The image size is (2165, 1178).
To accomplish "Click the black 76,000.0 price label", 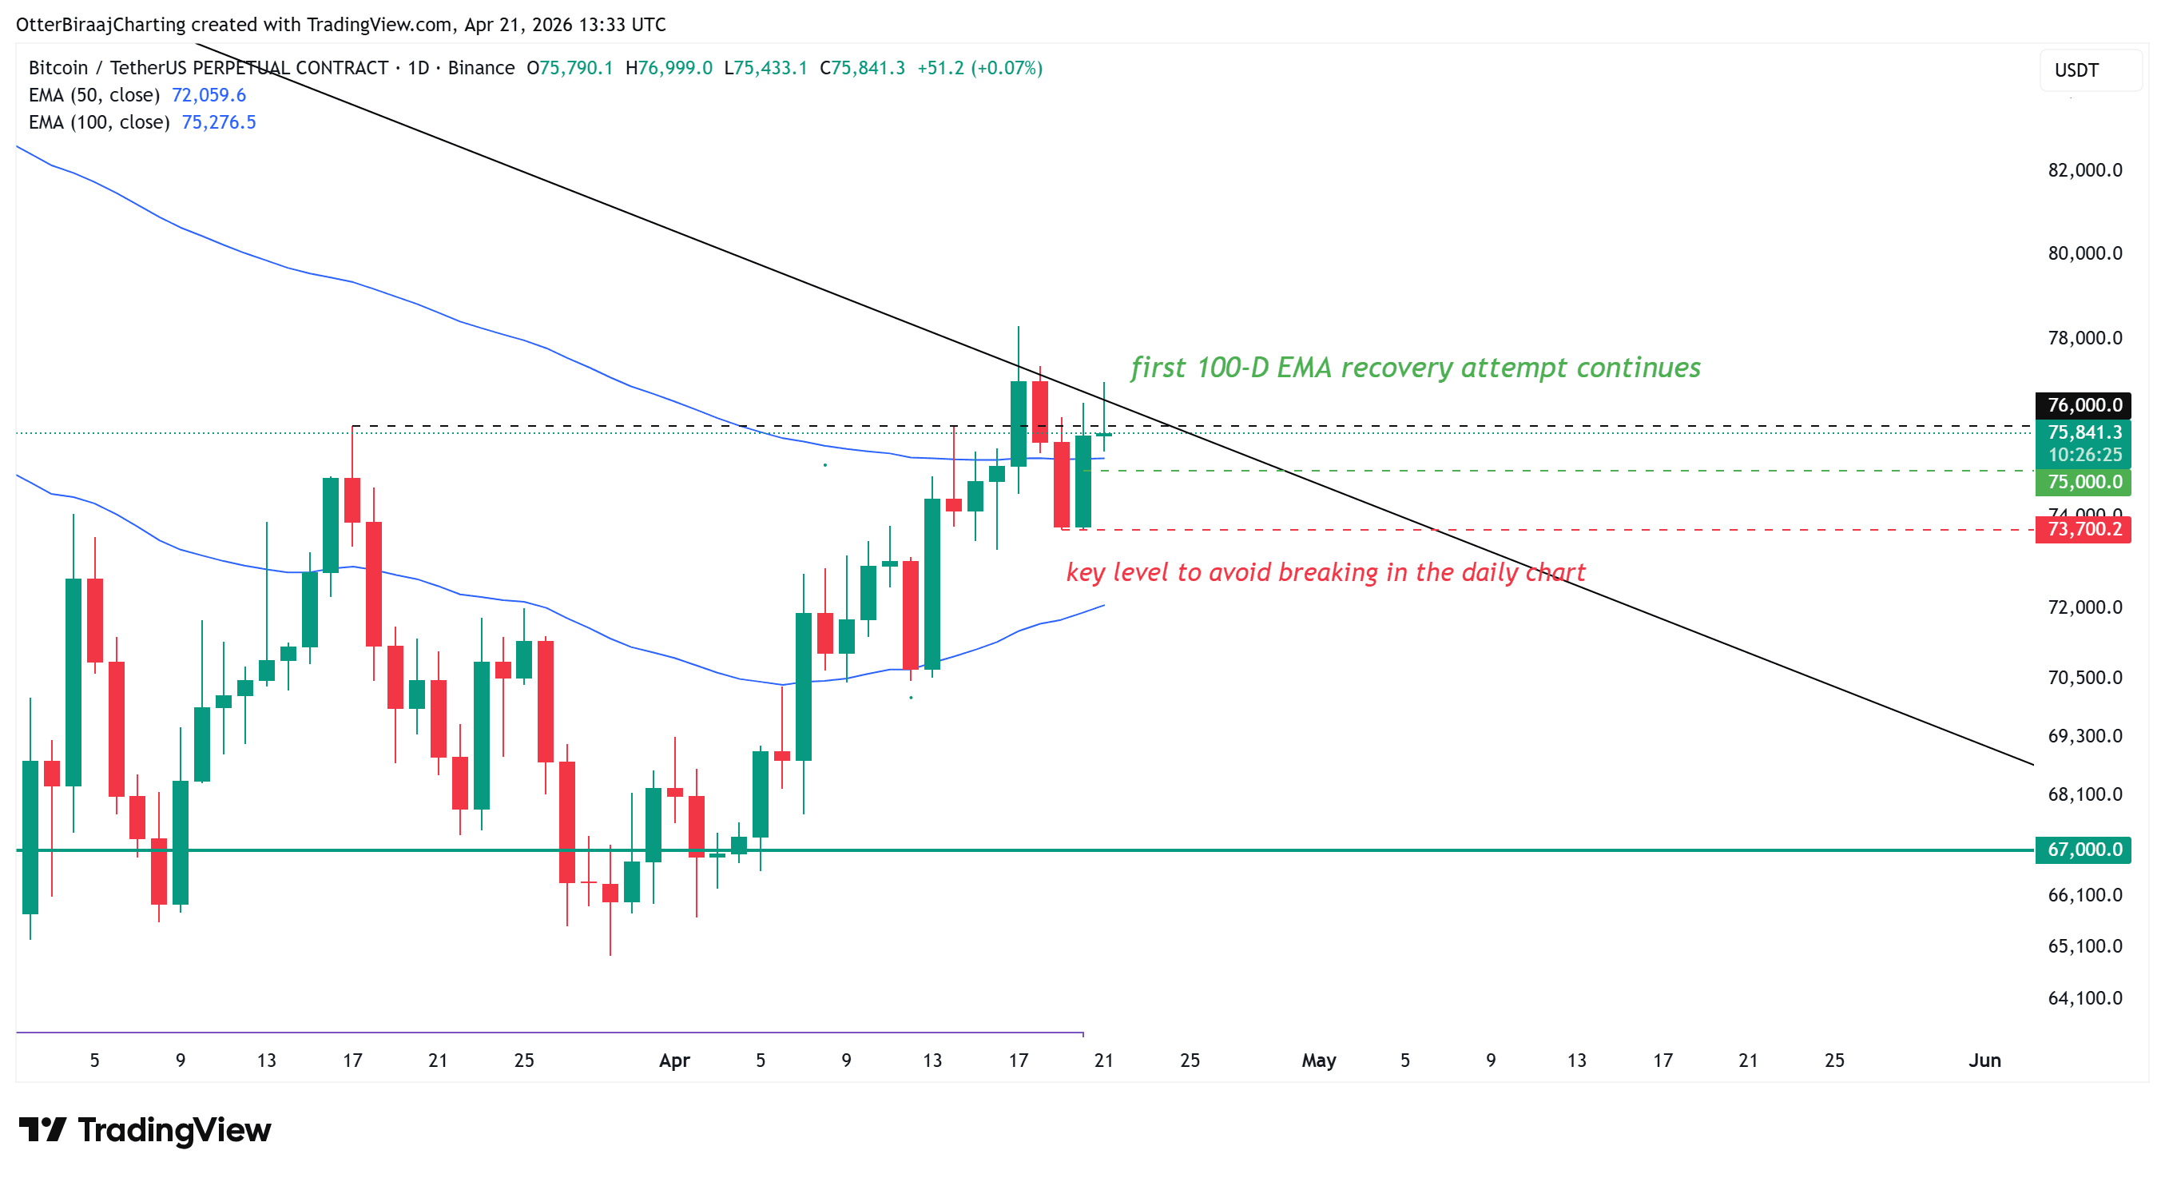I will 2084,404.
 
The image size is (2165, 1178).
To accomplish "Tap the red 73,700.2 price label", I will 2084,529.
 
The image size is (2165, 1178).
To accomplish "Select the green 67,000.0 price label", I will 2084,850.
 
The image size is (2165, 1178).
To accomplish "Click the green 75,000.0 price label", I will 2084,482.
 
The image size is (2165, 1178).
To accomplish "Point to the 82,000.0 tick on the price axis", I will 2084,170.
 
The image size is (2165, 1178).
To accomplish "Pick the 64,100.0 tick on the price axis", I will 2084,998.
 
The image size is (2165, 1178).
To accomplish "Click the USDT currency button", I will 2088,70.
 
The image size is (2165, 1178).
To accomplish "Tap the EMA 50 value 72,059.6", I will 209,95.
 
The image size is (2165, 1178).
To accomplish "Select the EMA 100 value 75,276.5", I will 219,122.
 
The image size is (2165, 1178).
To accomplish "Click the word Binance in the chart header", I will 481,67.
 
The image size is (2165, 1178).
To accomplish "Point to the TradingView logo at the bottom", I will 145,1129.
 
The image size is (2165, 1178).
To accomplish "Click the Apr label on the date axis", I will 674,1061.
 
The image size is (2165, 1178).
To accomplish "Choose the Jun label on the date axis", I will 1984,1061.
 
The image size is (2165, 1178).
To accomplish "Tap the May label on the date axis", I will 1318,1061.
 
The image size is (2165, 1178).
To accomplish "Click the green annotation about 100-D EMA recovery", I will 1415,368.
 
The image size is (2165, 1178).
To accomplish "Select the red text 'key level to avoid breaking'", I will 1325,571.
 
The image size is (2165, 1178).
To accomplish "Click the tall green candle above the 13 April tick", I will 932,583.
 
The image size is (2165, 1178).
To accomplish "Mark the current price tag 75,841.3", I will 2084,432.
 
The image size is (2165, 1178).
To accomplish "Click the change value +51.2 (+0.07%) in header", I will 979,67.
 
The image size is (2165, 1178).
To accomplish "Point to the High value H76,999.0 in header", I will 668,67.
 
